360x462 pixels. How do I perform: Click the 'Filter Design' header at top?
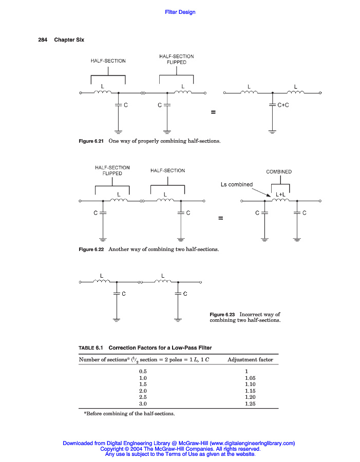click(x=180, y=12)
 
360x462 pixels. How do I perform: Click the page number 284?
click(x=43, y=40)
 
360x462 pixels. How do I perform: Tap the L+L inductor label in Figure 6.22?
click(x=280, y=195)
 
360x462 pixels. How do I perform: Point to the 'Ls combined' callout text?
click(x=236, y=184)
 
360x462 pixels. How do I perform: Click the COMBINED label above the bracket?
click(x=279, y=171)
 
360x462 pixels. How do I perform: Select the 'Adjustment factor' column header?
click(x=250, y=360)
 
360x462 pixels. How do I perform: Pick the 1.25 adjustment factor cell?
click(x=250, y=404)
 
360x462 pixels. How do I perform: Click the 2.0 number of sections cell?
click(x=143, y=391)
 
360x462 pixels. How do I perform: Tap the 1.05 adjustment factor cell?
click(x=250, y=377)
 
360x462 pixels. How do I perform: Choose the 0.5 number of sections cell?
click(x=143, y=371)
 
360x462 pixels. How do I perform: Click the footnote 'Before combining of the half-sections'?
click(x=129, y=413)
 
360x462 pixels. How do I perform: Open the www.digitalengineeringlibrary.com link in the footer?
click(x=252, y=443)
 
